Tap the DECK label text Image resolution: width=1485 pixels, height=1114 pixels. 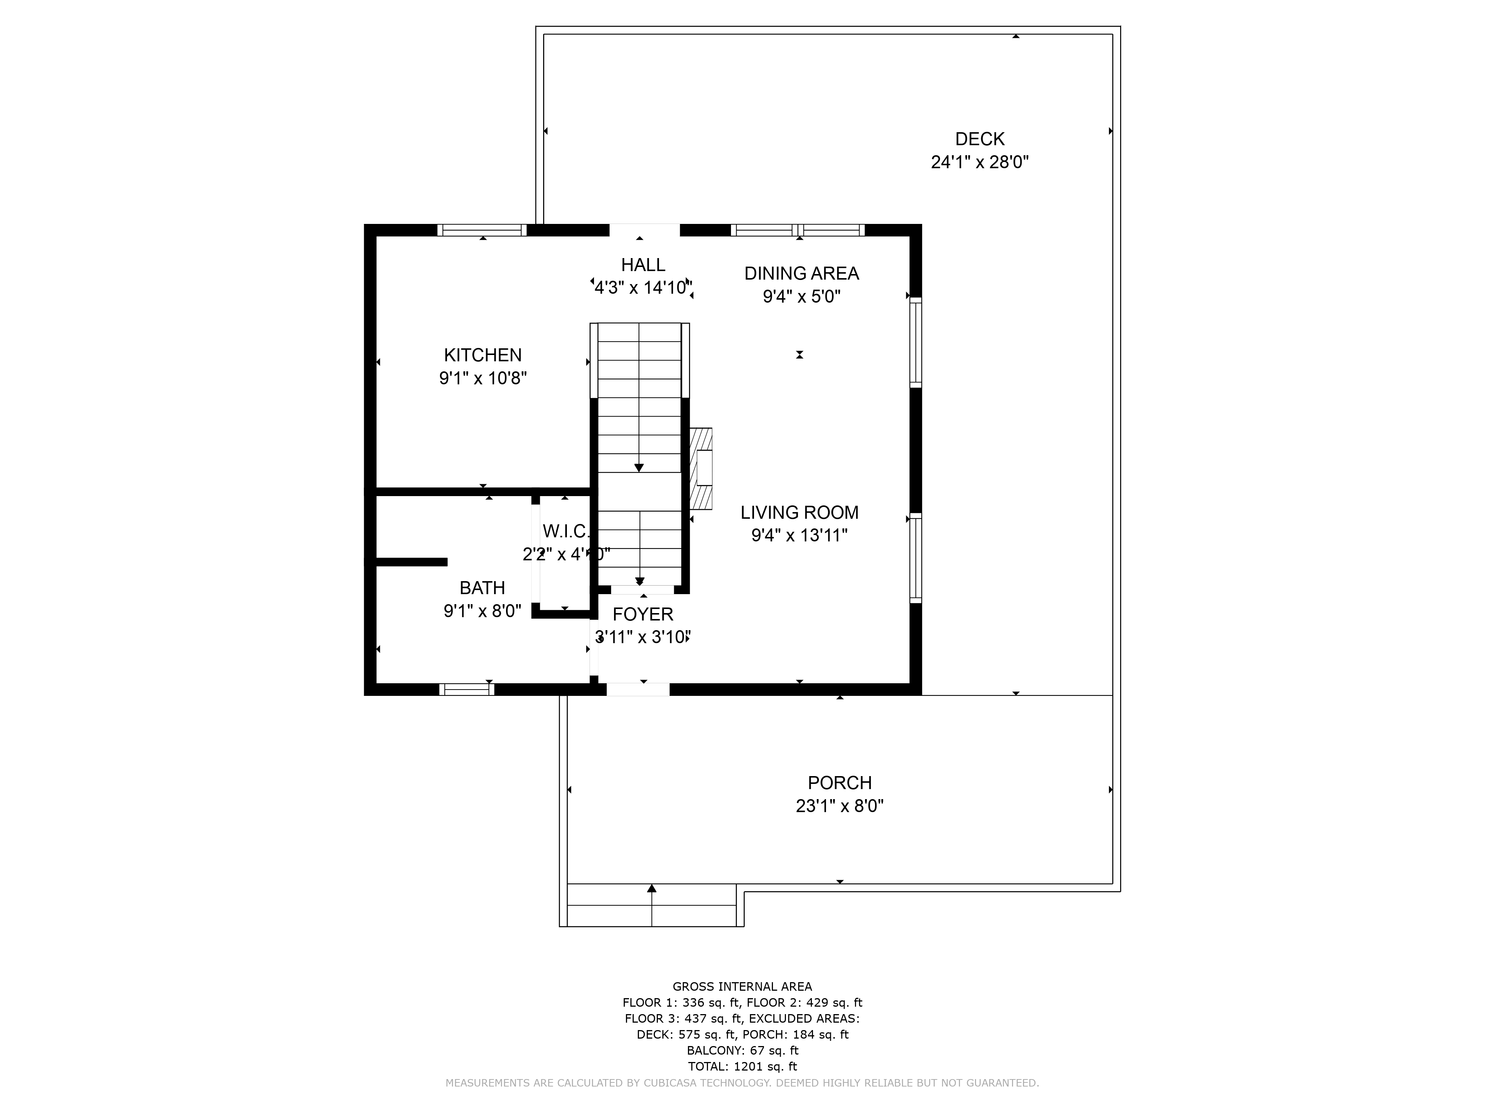pos(979,139)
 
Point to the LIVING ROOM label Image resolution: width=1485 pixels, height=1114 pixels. pos(799,512)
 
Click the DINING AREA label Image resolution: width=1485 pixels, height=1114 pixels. pos(802,273)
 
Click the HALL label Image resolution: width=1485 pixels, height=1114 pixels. pos(643,264)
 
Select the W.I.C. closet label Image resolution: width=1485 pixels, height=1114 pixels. pos(565,531)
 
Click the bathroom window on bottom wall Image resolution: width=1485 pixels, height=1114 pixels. pos(467,689)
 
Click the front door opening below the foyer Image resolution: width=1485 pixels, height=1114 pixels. pos(638,689)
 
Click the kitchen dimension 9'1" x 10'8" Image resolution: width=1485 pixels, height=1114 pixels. pos(483,378)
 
